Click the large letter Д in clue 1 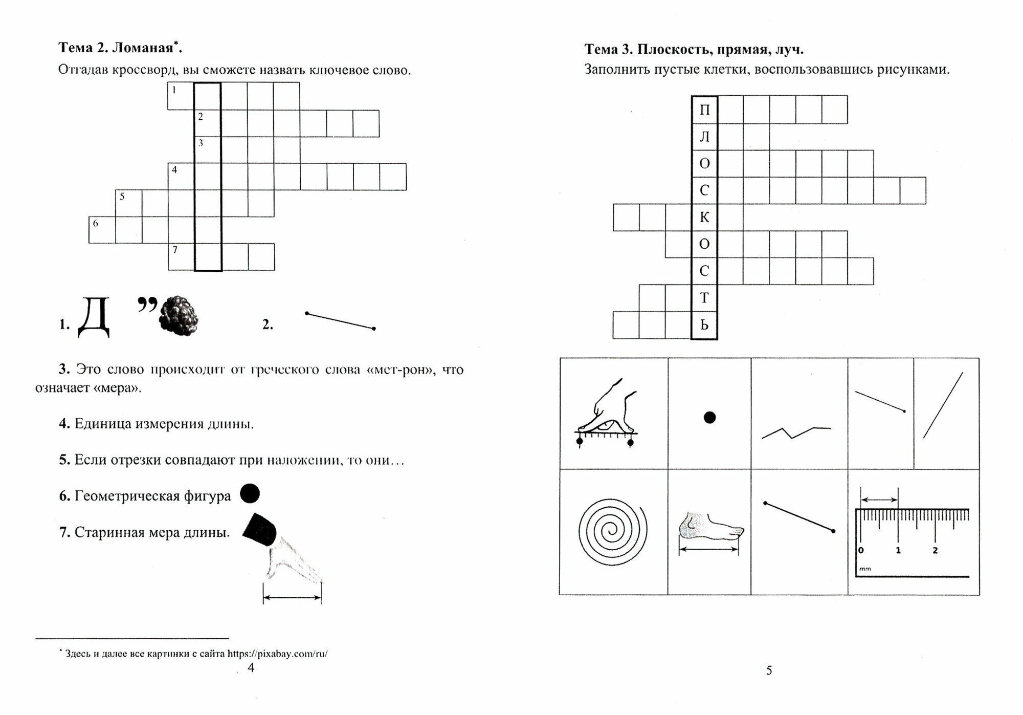[94, 318]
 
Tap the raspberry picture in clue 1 [179, 316]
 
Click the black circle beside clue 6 [250, 494]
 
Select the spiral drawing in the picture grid [613, 532]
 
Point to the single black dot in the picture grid [709, 418]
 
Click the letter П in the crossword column [704, 110]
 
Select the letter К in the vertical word [704, 218]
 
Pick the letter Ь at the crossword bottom [704, 325]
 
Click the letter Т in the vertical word [704, 298]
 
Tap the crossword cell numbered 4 [181, 177]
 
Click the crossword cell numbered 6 [102, 230]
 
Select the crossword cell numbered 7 [181, 256]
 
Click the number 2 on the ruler [935, 551]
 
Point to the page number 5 [769, 670]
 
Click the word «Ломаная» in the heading [143, 49]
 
